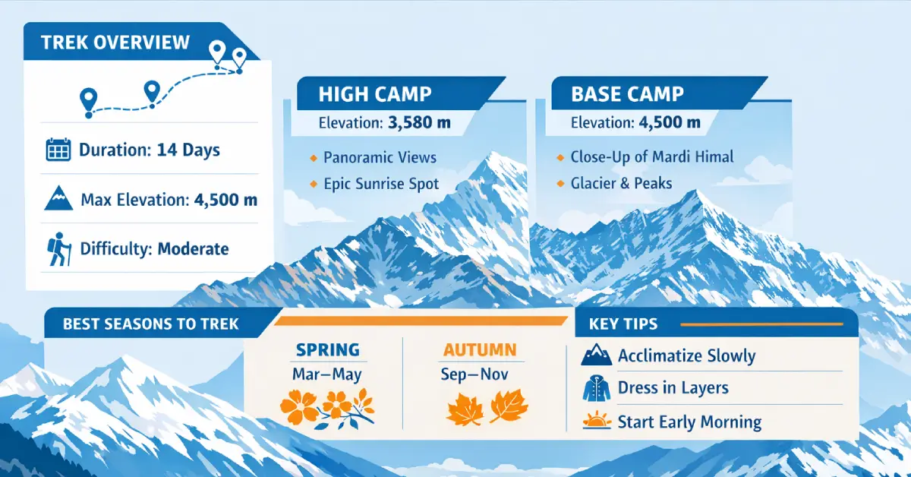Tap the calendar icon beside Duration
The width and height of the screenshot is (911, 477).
(58, 150)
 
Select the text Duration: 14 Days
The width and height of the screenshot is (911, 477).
(150, 150)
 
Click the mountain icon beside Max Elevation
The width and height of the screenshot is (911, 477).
(58, 200)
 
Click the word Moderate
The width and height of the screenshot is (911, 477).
(193, 249)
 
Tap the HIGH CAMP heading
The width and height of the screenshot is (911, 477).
(375, 95)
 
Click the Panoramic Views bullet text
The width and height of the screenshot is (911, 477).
(380, 158)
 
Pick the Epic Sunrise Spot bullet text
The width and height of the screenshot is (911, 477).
(381, 183)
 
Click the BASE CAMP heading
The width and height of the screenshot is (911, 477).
(627, 95)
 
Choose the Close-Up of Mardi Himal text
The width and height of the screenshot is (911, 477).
(651, 158)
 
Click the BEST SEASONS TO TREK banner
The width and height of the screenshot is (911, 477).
(150, 324)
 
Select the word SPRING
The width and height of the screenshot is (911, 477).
(327, 350)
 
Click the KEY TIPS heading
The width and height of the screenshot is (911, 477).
(623, 324)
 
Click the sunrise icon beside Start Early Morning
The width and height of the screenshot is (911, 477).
(595, 422)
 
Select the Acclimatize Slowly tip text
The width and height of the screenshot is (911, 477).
(686, 355)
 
